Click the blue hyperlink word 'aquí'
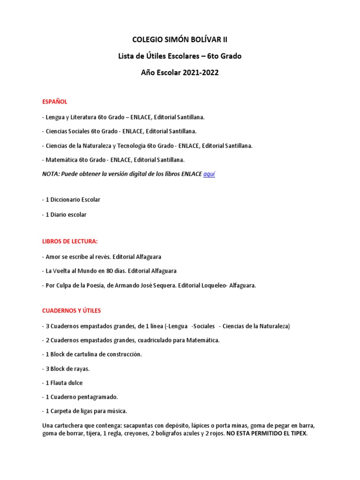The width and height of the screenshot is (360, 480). click(x=209, y=174)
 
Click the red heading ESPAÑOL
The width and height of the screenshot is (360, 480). click(x=55, y=101)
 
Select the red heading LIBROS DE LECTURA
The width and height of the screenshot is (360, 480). click(x=70, y=241)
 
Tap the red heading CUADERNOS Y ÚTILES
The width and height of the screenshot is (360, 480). click(x=71, y=311)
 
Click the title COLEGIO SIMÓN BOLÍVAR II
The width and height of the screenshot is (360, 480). click(x=180, y=40)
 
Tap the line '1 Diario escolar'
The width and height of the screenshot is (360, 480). click(x=64, y=215)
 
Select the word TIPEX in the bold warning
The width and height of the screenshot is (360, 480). click(x=297, y=434)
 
